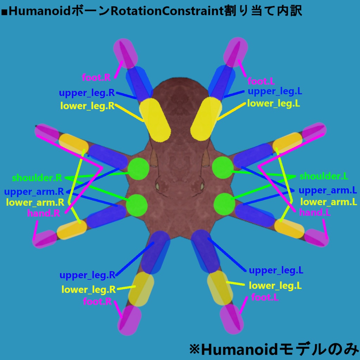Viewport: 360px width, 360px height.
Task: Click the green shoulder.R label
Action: [x=37, y=178]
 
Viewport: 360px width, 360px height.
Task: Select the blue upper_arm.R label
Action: [x=34, y=192]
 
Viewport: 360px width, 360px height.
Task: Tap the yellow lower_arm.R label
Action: [x=35, y=202]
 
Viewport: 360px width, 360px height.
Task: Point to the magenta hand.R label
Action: [x=44, y=213]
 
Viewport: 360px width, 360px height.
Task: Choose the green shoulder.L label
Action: [x=324, y=176]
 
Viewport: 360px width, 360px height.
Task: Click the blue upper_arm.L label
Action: [x=328, y=191]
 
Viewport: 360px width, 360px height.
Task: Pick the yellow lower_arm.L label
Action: [x=329, y=202]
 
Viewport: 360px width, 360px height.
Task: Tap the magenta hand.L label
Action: [x=315, y=212]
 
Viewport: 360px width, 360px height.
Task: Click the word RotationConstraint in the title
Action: [x=167, y=11]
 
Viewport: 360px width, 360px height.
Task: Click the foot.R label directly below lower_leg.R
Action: [x=97, y=302]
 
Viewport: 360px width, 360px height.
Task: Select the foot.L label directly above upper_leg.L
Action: [x=261, y=82]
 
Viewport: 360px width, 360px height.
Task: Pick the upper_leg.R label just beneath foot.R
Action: [x=87, y=93]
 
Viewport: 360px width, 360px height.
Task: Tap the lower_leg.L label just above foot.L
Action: [x=275, y=285]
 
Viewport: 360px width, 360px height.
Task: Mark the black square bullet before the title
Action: [x=4, y=12]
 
